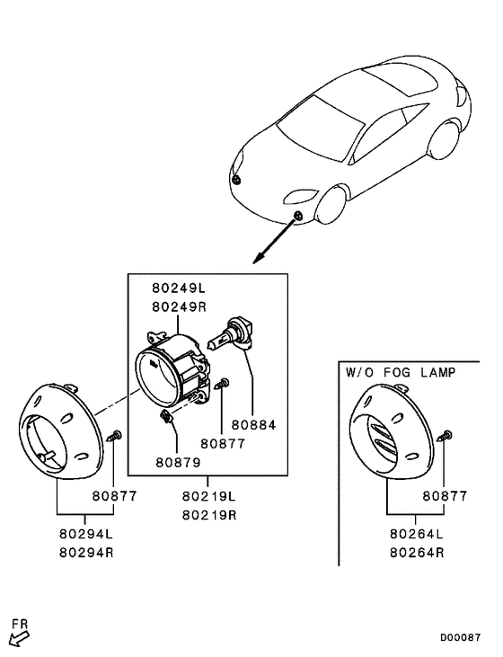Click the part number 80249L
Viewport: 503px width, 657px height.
[178, 289]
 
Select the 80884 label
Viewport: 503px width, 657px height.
[252, 425]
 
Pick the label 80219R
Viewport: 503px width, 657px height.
[208, 515]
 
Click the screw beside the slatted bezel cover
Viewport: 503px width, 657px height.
[444, 436]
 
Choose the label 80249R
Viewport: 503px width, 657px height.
[178, 306]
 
